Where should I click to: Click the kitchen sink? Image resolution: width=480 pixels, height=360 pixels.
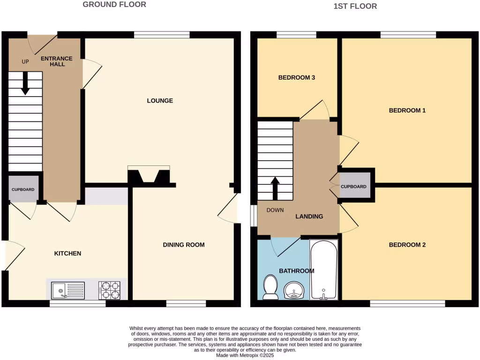tap(68, 290)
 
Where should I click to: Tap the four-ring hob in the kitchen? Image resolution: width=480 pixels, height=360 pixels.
tap(110, 290)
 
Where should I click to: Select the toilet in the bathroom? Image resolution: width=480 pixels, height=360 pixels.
tap(270, 287)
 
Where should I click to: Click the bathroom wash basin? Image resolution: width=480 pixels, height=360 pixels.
tap(294, 290)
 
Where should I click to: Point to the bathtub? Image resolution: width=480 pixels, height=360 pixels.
tap(324, 270)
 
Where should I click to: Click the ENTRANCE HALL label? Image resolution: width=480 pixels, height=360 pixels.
tap(57, 61)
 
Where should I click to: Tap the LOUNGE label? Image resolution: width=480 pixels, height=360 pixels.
tap(160, 101)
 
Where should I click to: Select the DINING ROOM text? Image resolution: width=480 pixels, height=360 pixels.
tap(184, 245)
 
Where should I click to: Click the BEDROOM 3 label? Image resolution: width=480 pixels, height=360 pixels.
tap(296, 77)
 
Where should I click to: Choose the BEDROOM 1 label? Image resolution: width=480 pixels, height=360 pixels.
tap(407, 111)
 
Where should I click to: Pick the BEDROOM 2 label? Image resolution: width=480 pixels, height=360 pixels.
tap(407, 245)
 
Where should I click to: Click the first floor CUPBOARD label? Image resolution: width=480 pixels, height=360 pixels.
tap(353, 187)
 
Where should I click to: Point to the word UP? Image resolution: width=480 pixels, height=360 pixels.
tap(25, 61)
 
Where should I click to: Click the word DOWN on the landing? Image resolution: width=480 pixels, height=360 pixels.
tap(275, 210)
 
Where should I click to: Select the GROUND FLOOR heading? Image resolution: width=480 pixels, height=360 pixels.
tap(114, 5)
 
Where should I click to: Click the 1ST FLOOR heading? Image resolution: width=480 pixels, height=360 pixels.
tap(355, 6)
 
